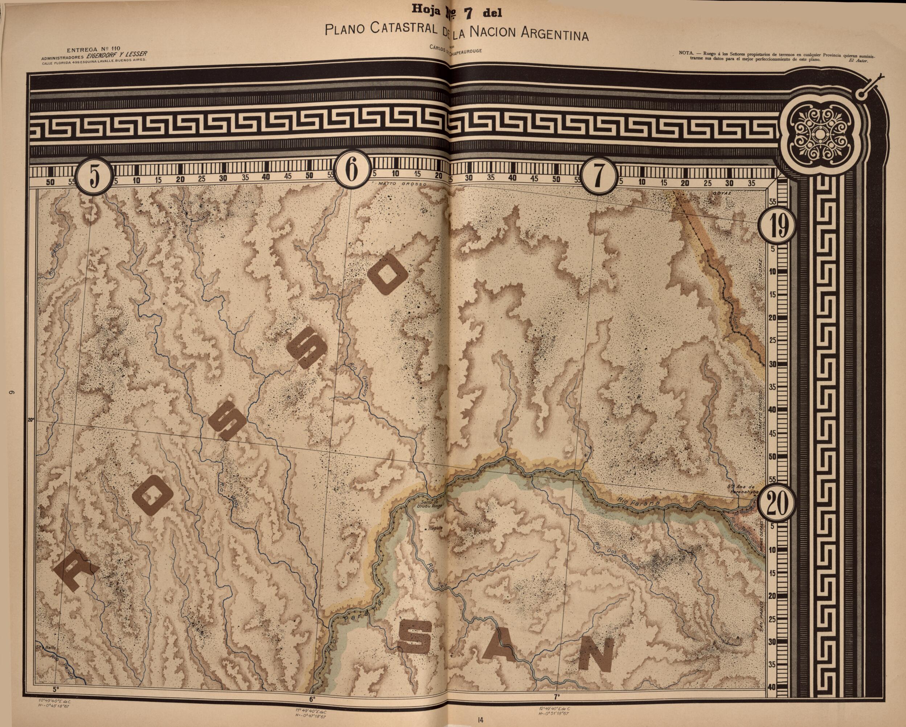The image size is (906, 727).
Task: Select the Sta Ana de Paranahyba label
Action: click(743, 488)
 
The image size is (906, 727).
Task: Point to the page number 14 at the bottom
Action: click(480, 719)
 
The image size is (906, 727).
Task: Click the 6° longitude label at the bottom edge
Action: click(312, 700)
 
